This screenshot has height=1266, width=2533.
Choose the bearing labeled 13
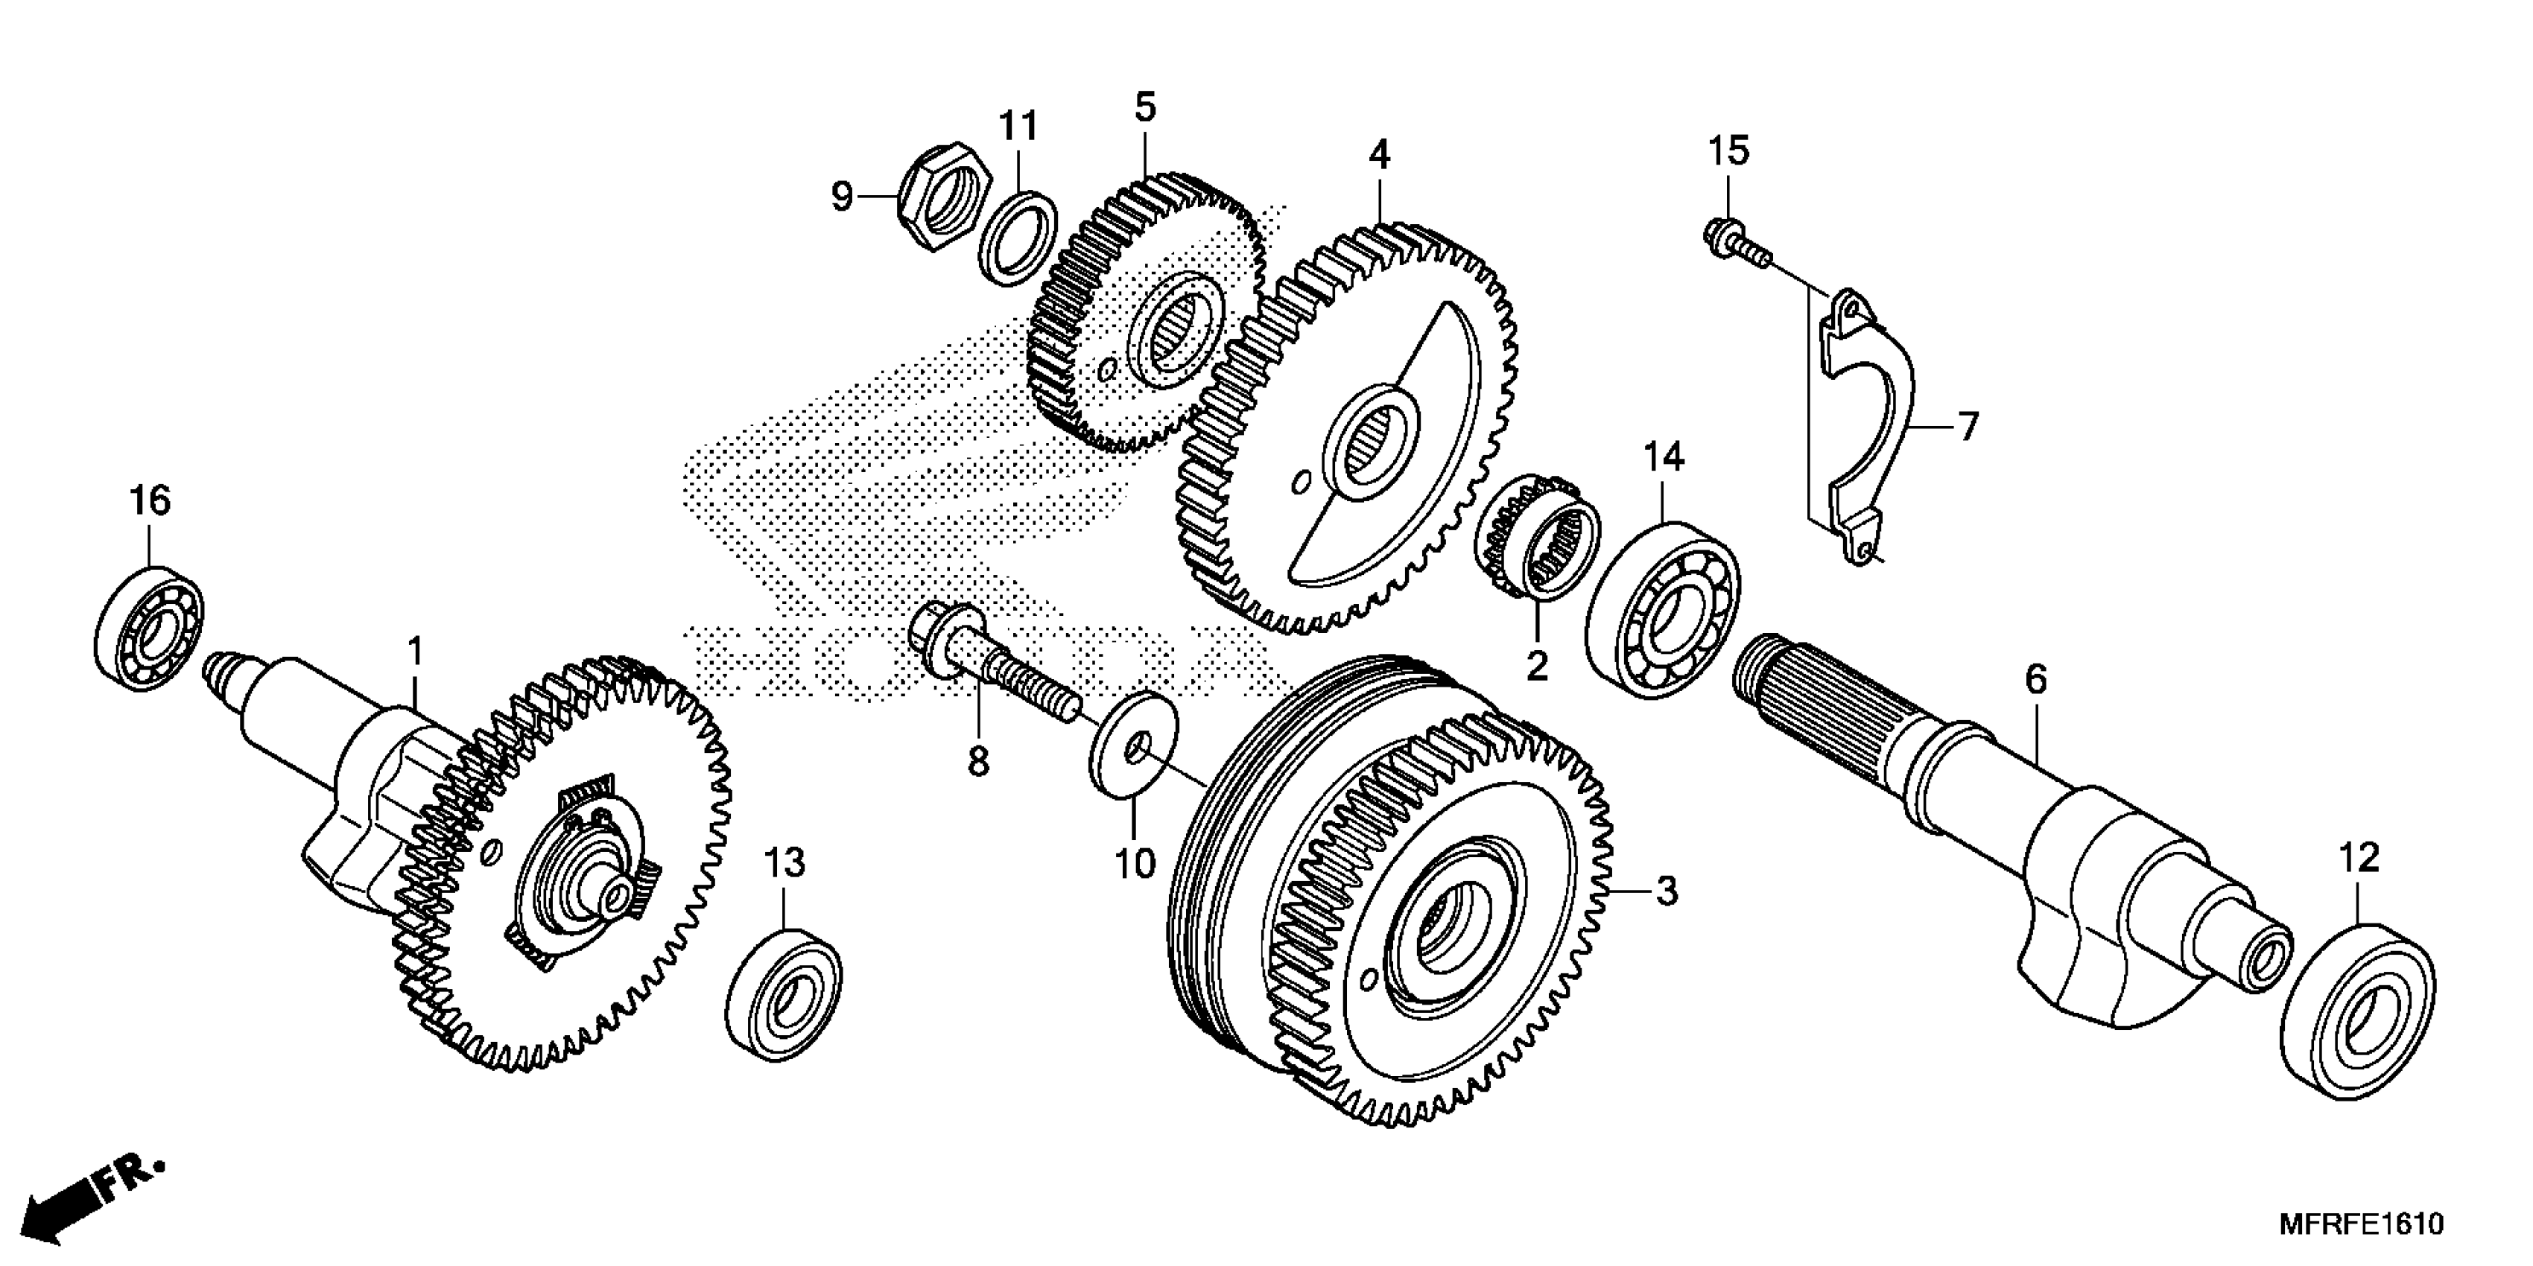(784, 993)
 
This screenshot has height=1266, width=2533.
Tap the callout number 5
(1146, 106)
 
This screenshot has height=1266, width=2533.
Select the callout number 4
(1380, 153)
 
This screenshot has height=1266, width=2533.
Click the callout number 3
(1666, 891)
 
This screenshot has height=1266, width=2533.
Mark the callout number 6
(2035, 678)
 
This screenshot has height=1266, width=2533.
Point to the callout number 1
(415, 651)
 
